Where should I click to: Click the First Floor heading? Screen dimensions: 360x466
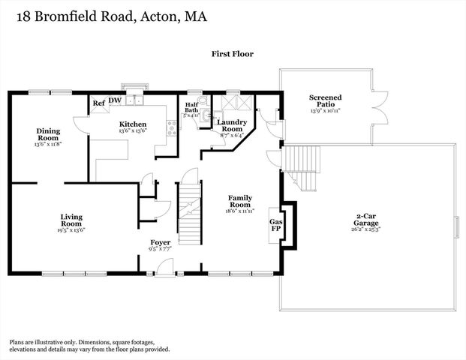pos(232,55)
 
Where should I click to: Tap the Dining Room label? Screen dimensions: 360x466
pos(48,134)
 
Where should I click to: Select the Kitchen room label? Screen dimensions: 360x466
pos(133,124)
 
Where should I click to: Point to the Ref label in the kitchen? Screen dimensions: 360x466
pos(98,104)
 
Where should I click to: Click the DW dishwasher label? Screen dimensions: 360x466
pos(115,100)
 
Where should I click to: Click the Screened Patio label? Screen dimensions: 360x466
pos(326,101)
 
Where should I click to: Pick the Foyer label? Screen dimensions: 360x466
pos(161,243)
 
